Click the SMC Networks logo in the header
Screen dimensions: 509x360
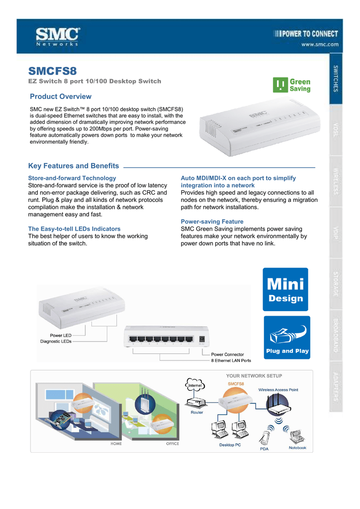point(57,36)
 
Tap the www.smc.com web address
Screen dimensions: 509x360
point(319,44)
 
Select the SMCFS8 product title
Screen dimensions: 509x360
point(53,71)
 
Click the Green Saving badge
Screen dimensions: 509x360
point(292,85)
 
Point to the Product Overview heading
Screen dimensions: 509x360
point(61,96)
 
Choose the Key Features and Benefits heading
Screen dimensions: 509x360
point(74,166)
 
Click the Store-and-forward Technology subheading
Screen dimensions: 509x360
point(72,177)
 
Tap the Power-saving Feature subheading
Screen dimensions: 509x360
point(212,221)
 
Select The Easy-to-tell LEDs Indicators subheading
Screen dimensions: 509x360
point(74,229)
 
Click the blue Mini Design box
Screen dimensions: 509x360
point(285,289)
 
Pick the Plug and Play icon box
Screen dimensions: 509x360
point(286,337)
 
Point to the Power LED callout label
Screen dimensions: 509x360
point(60,335)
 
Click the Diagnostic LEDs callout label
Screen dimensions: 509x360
point(56,341)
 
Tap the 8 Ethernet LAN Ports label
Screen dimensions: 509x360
point(231,360)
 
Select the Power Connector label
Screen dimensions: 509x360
point(228,354)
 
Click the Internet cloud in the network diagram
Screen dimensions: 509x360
point(194,385)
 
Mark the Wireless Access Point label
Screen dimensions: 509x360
point(278,390)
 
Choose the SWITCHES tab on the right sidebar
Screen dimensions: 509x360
point(337,79)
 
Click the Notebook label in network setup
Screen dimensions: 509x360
point(297,448)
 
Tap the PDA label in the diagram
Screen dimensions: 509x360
point(264,449)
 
